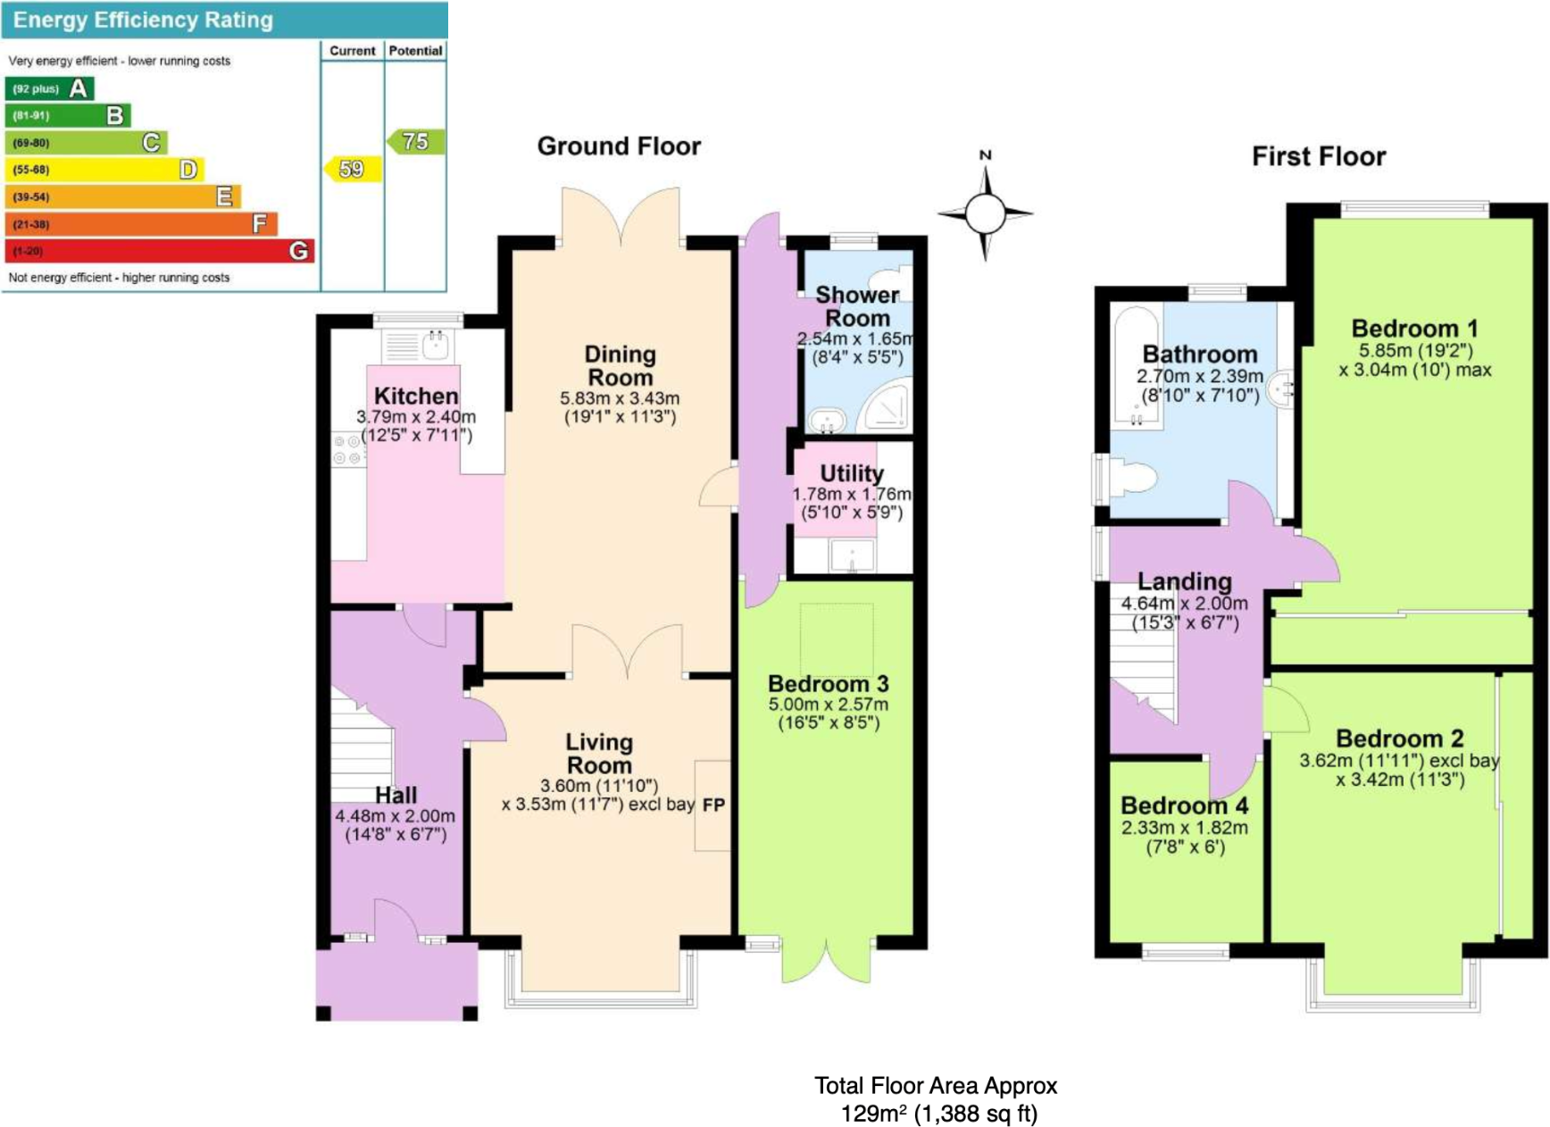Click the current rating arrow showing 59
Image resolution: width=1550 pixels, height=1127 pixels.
tap(352, 169)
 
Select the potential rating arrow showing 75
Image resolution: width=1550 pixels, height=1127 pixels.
tap(416, 141)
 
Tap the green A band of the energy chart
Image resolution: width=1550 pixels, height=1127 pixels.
tap(49, 88)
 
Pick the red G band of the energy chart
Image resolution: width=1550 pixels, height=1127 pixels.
tap(160, 251)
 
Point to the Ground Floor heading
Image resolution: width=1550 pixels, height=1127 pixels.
tap(619, 146)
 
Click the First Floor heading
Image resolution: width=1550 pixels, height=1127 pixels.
tap(1319, 157)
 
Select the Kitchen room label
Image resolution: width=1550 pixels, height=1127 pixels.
tap(416, 396)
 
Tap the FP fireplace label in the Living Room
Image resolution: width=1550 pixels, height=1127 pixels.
tap(713, 805)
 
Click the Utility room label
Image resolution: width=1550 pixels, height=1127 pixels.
tap(852, 473)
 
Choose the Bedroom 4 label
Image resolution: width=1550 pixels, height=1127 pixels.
tap(1185, 806)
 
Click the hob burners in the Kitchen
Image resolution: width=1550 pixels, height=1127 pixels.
tap(348, 450)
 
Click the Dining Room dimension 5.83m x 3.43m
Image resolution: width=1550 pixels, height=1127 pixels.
tap(620, 398)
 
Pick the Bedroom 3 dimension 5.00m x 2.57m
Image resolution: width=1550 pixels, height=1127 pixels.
tap(829, 704)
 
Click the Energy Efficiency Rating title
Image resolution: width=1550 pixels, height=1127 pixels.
tap(143, 20)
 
